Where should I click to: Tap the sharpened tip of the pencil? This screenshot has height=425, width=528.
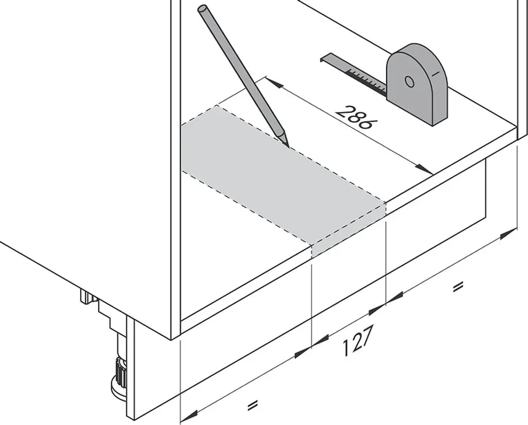pyautogui.click(x=288, y=146)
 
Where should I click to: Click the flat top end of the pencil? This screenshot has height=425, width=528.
pyautogui.click(x=203, y=9)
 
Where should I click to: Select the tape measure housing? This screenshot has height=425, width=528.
pyautogui.click(x=417, y=84)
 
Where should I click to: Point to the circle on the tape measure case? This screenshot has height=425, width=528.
pyautogui.click(x=409, y=81)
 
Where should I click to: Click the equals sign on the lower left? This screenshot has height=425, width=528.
pyautogui.click(x=252, y=404)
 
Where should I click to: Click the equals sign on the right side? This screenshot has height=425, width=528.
pyautogui.click(x=458, y=287)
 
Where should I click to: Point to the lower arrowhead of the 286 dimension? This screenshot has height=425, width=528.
pyautogui.click(x=424, y=169)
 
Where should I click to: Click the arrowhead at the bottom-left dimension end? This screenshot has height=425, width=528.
pyautogui.click(x=189, y=417)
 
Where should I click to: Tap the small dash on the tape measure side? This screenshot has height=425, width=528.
pyautogui.click(x=436, y=73)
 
